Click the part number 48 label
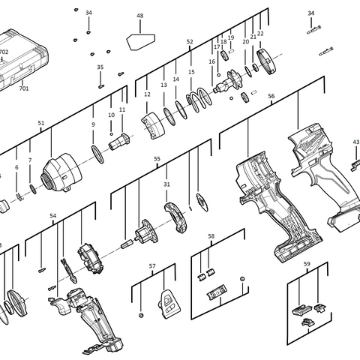click(140, 16)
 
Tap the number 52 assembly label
click(190, 42)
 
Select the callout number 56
click(271, 96)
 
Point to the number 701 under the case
click(24, 88)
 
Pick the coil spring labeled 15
click(199, 100)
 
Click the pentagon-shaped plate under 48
click(141, 41)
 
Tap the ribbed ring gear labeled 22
click(266, 61)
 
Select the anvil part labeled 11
click(119, 142)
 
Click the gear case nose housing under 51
click(61, 172)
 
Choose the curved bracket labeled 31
click(176, 217)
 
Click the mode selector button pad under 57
click(169, 304)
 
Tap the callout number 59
click(307, 264)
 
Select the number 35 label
click(100, 67)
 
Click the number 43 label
click(356, 142)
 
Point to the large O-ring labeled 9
click(97, 154)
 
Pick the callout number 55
click(157, 159)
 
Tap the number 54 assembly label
click(53, 215)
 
